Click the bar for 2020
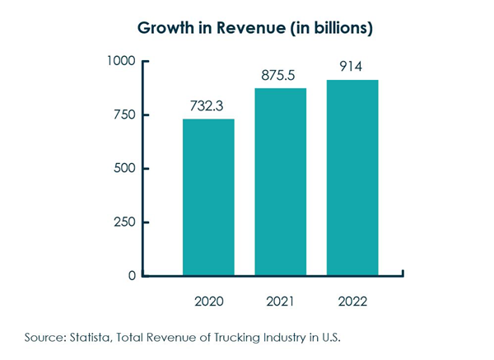208,197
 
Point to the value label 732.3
208,105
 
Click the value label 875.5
281,75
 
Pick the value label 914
352,67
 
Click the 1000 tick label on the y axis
121,62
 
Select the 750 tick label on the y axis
125,115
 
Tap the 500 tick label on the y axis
125,169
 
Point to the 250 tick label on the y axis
125,222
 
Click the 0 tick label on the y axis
132,276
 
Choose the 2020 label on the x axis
208,301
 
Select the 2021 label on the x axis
281,301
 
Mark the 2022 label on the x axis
352,301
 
